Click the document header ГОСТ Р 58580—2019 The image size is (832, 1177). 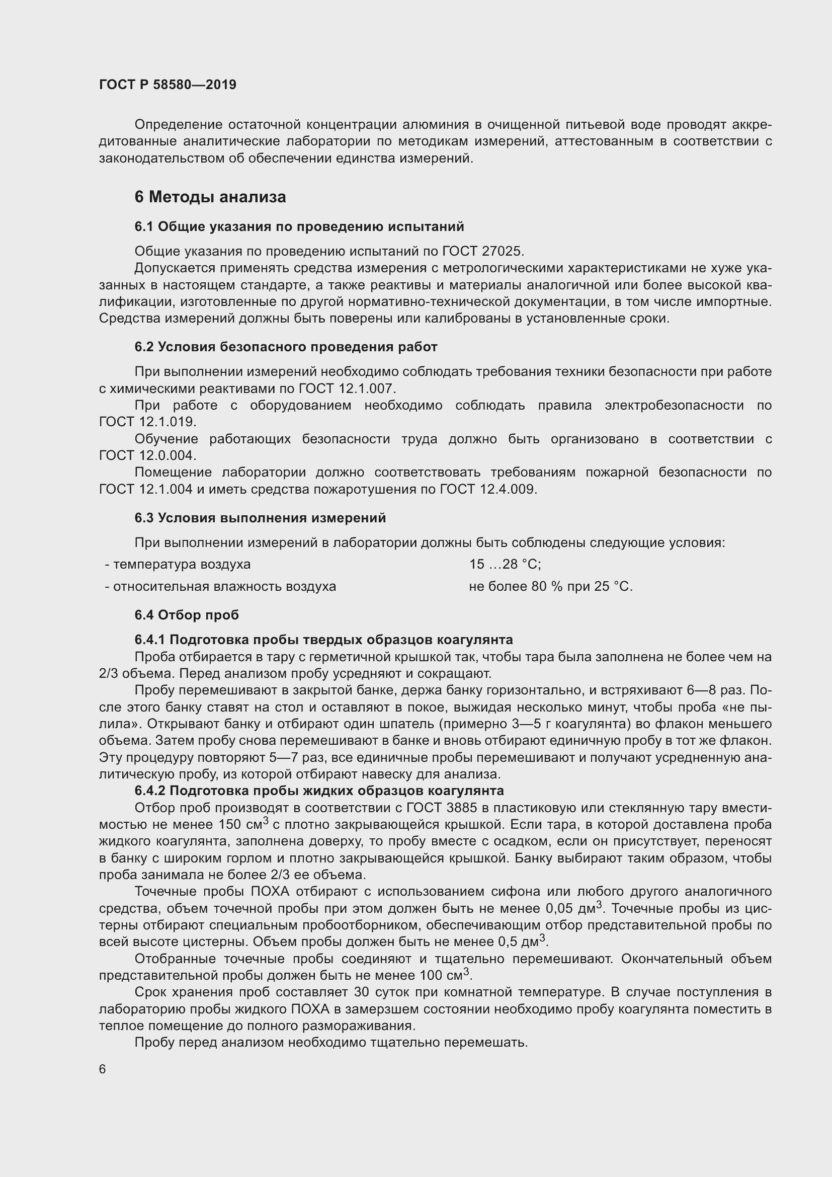(x=168, y=85)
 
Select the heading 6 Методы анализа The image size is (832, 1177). (x=210, y=197)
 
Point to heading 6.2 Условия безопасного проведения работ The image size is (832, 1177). (x=286, y=347)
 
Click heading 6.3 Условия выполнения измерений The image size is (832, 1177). (x=260, y=518)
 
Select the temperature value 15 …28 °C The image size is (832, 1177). (x=505, y=565)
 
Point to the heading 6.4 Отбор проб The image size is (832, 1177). (x=187, y=614)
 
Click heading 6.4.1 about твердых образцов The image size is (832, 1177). (x=323, y=640)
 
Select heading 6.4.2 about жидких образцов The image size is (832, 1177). (x=318, y=791)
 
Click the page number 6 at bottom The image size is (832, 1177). (x=103, y=1069)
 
